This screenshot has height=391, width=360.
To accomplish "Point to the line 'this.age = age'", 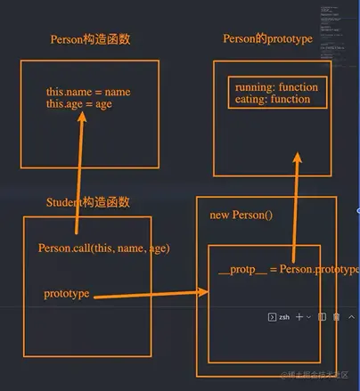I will click(79, 104).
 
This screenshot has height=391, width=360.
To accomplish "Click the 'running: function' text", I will click(276, 87).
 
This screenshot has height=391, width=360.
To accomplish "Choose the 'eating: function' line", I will click(273, 99).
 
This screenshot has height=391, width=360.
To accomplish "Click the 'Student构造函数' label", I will click(87, 203).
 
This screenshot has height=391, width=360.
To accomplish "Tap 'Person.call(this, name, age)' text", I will click(104, 248).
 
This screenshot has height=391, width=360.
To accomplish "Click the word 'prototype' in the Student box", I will click(67, 293).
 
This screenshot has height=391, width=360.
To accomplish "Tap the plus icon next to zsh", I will click(300, 316).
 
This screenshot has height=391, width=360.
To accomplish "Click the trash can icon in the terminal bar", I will click(336, 316).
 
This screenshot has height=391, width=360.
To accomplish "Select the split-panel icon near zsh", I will click(323, 316).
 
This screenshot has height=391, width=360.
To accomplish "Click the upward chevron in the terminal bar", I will click(351, 316).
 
